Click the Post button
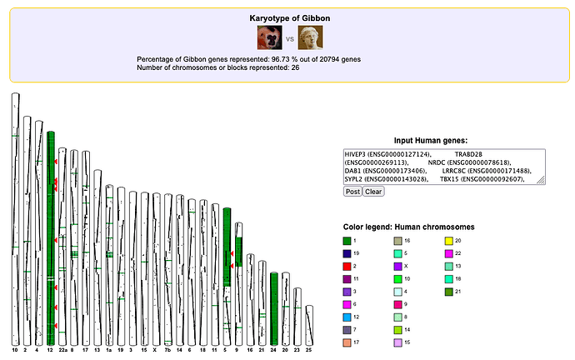(x=352, y=191)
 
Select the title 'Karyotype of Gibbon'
(x=288, y=17)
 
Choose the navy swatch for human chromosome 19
(x=347, y=252)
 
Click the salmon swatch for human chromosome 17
(x=347, y=342)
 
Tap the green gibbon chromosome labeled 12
(x=51, y=233)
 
